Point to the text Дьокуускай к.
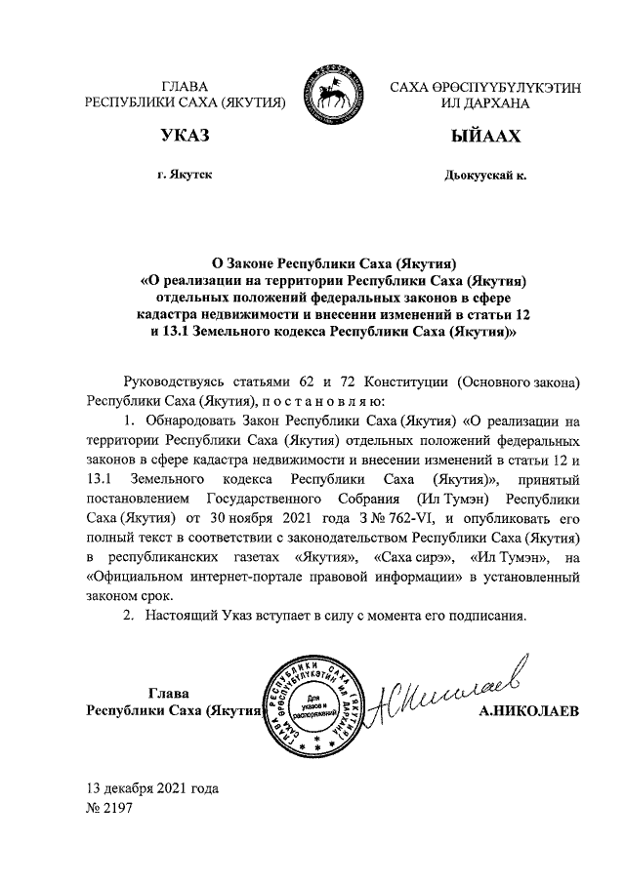click(x=484, y=176)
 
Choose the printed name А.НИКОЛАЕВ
click(x=529, y=712)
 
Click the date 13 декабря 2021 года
click(x=152, y=789)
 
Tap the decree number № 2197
click(x=110, y=808)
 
